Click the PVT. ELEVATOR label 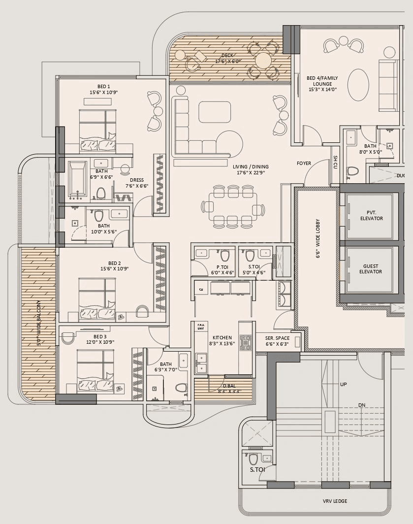(x=371, y=216)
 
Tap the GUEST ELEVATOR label (x=371, y=269)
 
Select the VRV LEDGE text (x=335, y=501)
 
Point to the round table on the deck (x=263, y=61)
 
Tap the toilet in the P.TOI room (x=225, y=256)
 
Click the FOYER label (x=304, y=164)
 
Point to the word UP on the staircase (x=344, y=384)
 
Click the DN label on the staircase (x=361, y=405)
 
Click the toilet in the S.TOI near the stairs (x=254, y=459)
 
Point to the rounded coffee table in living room (x=215, y=112)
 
